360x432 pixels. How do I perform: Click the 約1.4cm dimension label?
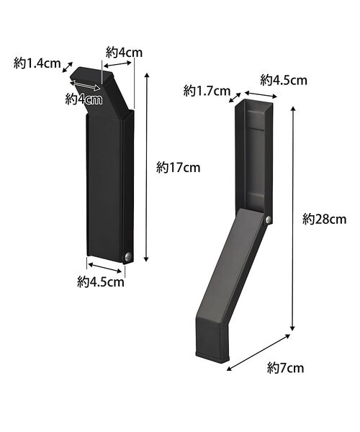37,63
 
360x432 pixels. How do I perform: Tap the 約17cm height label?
178,168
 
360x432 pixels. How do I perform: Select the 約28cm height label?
324,220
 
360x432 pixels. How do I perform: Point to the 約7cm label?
285,368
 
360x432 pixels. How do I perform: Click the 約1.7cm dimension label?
207,91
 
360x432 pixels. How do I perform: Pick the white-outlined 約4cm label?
84,99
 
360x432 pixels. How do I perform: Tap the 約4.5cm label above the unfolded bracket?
284,80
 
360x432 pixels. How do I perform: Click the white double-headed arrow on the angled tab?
85,86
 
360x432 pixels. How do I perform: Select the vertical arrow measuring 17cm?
147,167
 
